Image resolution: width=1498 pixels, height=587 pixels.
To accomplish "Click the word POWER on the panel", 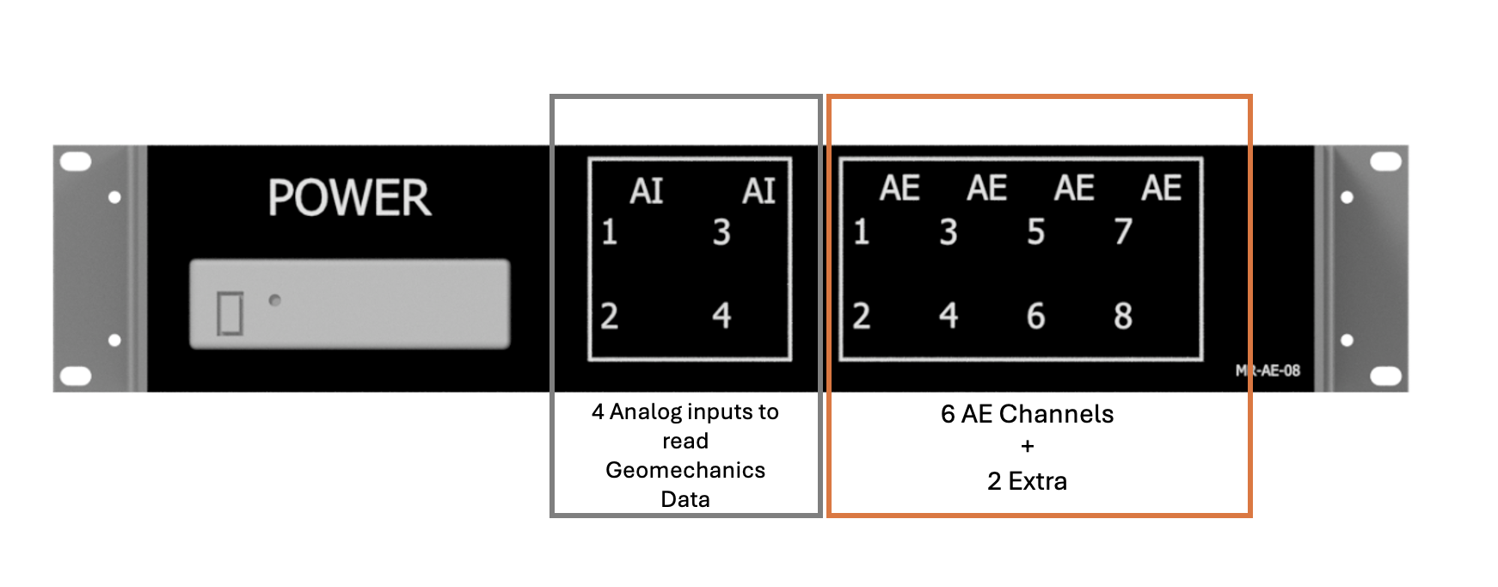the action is [x=349, y=198].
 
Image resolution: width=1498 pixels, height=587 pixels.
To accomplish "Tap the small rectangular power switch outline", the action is [x=230, y=312].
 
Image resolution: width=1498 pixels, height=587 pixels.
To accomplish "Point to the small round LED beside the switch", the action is [x=275, y=300].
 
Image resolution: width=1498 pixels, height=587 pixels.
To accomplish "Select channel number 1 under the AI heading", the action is [x=610, y=232].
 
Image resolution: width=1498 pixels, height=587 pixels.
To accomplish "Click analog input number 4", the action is [x=721, y=315].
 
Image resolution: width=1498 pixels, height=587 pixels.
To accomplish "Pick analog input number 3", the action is [x=721, y=232].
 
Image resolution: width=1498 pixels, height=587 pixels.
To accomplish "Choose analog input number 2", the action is [x=610, y=316].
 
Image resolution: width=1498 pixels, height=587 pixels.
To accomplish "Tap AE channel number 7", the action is [x=1123, y=231].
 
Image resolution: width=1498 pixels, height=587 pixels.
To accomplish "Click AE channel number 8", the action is [x=1123, y=316].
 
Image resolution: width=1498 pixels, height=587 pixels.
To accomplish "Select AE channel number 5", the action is [x=1036, y=232].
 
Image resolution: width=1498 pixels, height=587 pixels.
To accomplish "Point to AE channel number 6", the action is [x=1036, y=316].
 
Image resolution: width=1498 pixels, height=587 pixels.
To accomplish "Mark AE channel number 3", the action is [x=949, y=232].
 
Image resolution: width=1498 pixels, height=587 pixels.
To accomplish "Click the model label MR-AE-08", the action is [x=1268, y=371].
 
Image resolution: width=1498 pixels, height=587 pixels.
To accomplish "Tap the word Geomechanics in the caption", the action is [x=685, y=470].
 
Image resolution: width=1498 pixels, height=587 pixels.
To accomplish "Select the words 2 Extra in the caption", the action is [x=1027, y=481].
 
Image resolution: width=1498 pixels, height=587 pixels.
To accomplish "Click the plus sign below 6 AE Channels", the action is [x=1028, y=447].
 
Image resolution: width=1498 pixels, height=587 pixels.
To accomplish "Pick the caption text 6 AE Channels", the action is [x=1027, y=414].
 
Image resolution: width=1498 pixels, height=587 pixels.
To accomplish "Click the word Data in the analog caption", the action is [x=685, y=499].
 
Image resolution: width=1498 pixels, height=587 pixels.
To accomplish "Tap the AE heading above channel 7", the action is [x=1161, y=188].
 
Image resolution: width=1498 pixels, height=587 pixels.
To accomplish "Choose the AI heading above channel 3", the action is [x=758, y=191].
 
